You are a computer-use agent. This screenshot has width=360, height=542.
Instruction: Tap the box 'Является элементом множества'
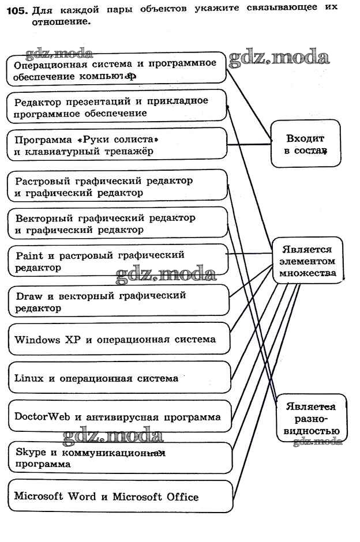[x=307, y=261]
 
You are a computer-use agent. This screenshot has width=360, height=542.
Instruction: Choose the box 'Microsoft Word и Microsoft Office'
[x=120, y=496]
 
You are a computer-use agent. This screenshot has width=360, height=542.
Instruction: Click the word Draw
[x=27, y=295]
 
